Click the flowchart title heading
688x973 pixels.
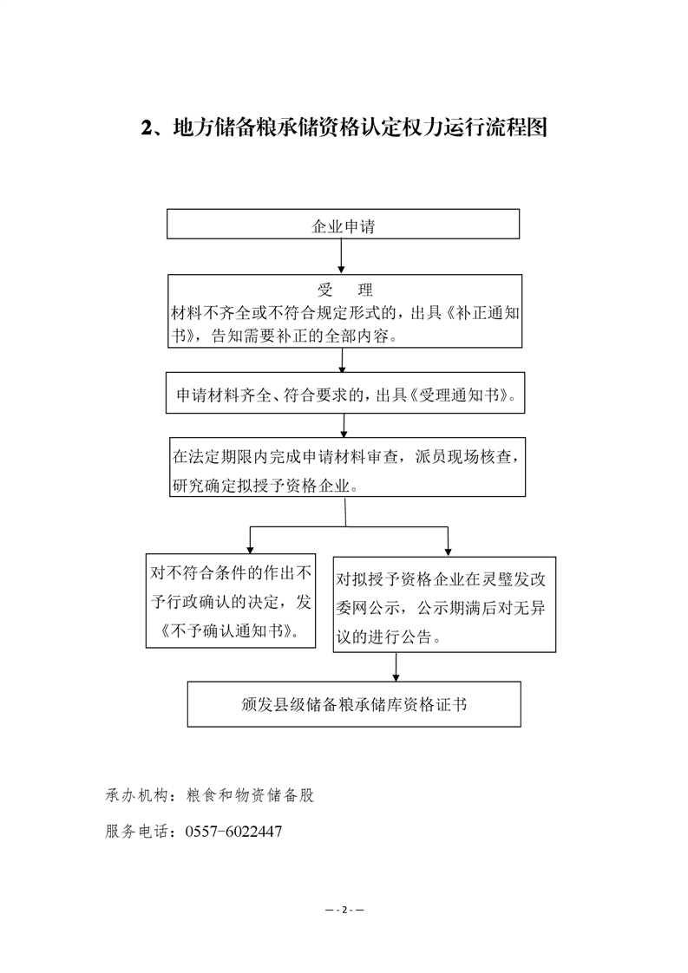(x=344, y=127)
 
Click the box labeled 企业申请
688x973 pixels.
(x=343, y=224)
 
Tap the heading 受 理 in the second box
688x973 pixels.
(x=344, y=290)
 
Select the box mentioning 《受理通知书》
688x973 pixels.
(x=345, y=393)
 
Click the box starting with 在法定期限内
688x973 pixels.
(x=348, y=467)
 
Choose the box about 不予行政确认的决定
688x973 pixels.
(x=231, y=601)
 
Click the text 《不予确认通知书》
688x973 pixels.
(x=230, y=631)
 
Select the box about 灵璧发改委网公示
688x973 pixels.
(x=444, y=604)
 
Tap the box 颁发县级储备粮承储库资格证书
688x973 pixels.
(x=354, y=704)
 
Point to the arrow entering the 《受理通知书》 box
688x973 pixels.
(x=342, y=360)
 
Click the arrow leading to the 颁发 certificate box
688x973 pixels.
(x=396, y=667)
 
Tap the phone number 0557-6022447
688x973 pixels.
(x=233, y=832)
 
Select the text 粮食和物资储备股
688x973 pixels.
(x=250, y=795)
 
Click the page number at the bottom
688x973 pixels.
(x=344, y=911)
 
